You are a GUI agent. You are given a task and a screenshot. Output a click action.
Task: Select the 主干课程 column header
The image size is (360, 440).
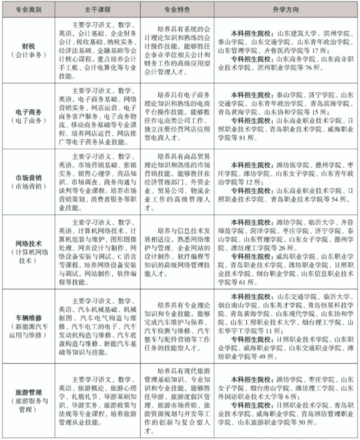pyautogui.click(x=99, y=10)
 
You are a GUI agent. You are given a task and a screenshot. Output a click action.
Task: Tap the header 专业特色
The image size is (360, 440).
pyautogui.click(x=178, y=10)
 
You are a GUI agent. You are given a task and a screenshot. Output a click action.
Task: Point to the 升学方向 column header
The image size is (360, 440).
pyautogui.click(x=282, y=10)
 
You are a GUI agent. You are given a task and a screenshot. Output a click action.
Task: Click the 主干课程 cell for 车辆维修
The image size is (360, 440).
pyautogui.click(x=99, y=324)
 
